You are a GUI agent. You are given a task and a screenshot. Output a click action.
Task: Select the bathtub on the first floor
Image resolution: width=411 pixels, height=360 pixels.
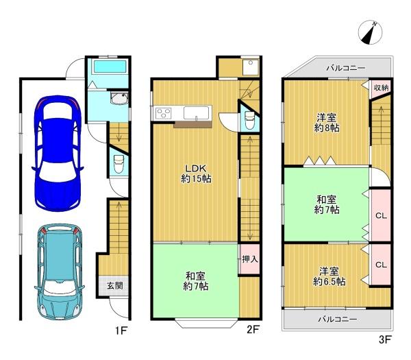click(110, 67)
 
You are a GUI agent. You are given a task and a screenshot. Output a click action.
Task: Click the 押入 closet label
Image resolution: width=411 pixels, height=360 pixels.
click(250, 259)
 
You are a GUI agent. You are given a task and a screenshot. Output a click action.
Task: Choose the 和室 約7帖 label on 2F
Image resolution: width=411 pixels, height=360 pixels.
click(196, 281)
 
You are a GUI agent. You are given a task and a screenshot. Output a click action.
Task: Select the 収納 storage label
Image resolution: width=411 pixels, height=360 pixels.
click(382, 87)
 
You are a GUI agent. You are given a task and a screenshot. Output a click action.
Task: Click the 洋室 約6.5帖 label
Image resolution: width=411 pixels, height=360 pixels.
click(329, 276)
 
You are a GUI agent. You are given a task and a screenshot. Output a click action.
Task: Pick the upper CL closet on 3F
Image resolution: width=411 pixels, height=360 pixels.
click(380, 215)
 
